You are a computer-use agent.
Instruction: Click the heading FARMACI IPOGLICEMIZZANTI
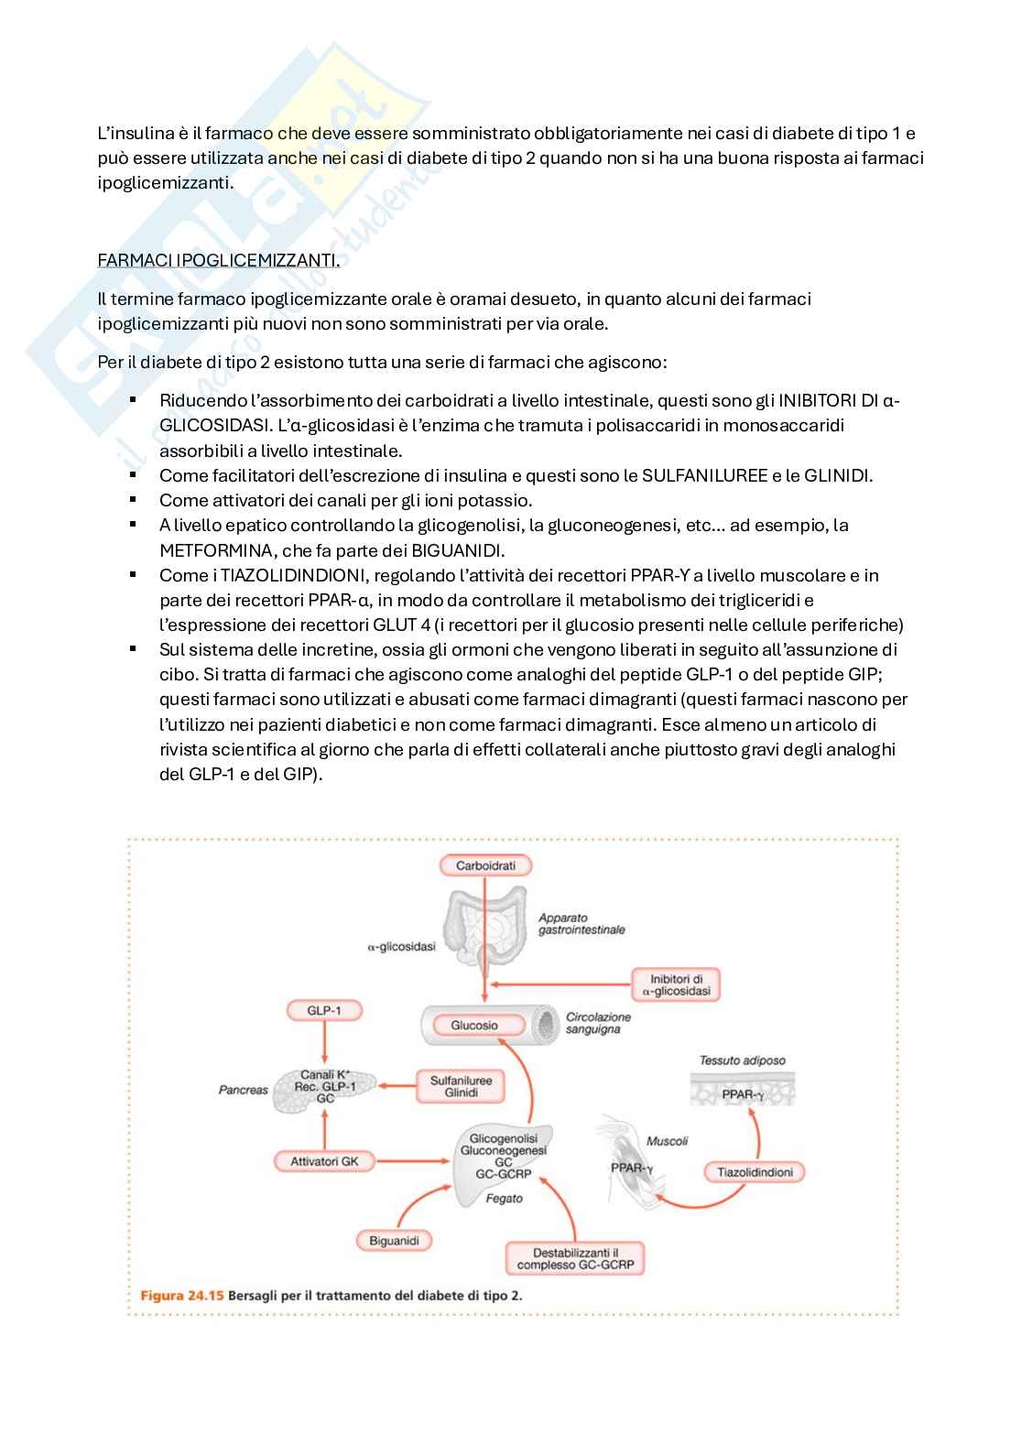point(218,260)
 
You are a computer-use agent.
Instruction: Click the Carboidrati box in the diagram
point(485,865)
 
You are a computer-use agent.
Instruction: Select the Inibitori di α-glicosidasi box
point(676,985)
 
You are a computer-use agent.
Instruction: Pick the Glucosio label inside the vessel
point(473,1026)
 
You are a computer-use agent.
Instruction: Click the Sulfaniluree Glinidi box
point(461,1087)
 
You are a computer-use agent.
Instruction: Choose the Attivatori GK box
point(324,1161)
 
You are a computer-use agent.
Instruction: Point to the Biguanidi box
point(394,1241)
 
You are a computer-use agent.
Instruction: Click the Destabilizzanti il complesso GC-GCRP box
point(575,1259)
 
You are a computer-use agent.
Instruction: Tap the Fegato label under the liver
point(504,1198)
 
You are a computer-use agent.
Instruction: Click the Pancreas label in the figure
point(243,1090)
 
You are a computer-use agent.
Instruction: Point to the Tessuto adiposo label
point(742,1060)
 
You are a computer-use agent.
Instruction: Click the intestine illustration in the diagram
point(484,929)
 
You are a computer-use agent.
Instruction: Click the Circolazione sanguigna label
point(598,1023)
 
